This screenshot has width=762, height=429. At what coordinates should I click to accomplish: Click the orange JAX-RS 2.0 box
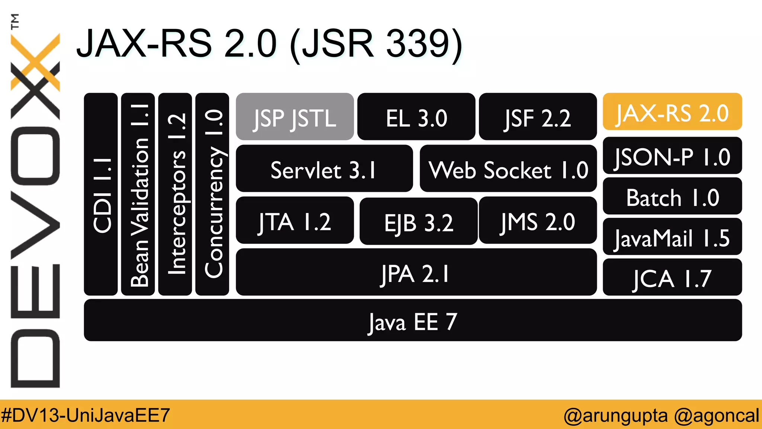pyautogui.click(x=672, y=112)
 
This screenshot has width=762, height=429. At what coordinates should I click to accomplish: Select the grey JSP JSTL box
pyautogui.click(x=295, y=117)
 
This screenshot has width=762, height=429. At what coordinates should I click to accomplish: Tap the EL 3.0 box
pyautogui.click(x=416, y=117)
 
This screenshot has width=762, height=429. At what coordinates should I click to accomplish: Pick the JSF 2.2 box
pyautogui.click(x=538, y=117)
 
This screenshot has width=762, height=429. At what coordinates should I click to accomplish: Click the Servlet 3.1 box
pyautogui.click(x=324, y=169)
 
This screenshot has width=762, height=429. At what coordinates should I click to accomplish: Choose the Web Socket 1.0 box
pyautogui.click(x=508, y=169)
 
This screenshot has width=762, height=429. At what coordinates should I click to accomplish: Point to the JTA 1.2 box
pyautogui.click(x=295, y=220)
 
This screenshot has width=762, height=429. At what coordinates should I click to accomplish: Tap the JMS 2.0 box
pyautogui.click(x=538, y=220)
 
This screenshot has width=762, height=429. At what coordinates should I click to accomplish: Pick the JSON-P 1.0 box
pyautogui.click(x=672, y=156)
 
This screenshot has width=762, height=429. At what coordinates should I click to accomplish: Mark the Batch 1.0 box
pyautogui.click(x=672, y=196)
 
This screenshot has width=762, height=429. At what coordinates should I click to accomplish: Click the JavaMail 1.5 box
pyautogui.click(x=672, y=237)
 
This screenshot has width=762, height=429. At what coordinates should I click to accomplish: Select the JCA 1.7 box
pyautogui.click(x=672, y=277)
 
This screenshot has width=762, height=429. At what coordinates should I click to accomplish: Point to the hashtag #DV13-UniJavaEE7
pyautogui.click(x=86, y=415)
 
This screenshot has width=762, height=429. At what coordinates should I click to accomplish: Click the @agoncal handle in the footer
pyautogui.click(x=716, y=415)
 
